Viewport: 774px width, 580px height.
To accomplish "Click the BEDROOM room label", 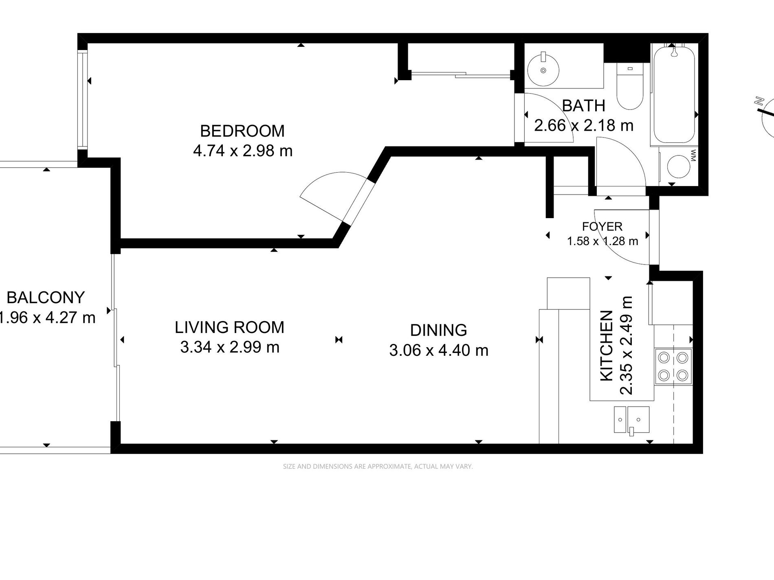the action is click(242, 131).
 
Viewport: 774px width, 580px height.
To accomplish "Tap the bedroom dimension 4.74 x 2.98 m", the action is click(243, 151).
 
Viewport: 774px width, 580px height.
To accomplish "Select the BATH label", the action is click(583, 106).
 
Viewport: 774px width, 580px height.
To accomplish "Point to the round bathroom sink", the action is click(543, 70).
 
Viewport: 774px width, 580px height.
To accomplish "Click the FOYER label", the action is click(602, 227).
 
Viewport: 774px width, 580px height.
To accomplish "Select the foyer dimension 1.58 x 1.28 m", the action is click(602, 241).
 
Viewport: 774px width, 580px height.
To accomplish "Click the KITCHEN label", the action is click(607, 346).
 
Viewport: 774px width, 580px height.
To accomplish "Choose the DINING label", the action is click(438, 330).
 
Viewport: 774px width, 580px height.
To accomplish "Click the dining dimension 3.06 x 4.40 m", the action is click(439, 350).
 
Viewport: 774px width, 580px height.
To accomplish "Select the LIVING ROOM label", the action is click(229, 327).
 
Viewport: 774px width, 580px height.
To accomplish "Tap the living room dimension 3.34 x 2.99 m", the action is click(230, 347).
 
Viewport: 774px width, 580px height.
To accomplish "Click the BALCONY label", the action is click(46, 298).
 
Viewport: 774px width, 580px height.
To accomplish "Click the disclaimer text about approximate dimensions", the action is click(378, 466).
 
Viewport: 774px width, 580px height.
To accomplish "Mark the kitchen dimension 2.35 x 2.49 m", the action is click(626, 345).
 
